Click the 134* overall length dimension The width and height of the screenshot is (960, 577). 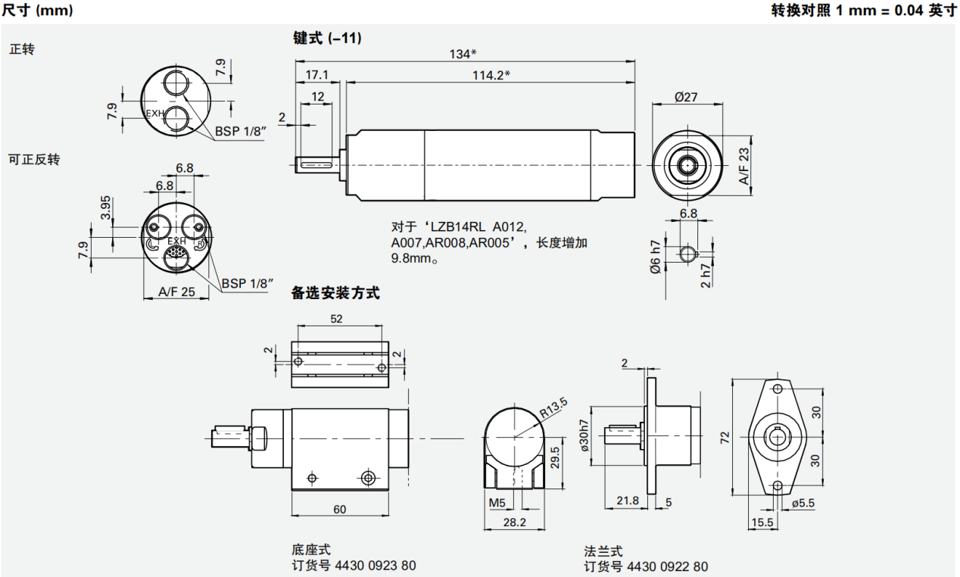click(x=463, y=54)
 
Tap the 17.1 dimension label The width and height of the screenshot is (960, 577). click(x=316, y=74)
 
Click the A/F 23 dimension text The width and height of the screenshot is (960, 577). click(x=744, y=167)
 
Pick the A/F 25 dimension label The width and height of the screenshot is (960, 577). click(x=176, y=291)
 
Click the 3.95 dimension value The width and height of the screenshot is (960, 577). click(x=106, y=207)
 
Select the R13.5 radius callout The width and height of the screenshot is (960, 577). click(x=553, y=413)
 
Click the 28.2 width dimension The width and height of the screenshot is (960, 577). click(x=515, y=522)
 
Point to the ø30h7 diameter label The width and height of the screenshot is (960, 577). click(x=584, y=436)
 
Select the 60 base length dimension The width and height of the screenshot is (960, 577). click(x=339, y=510)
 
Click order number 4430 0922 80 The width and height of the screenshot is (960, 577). click(x=667, y=566)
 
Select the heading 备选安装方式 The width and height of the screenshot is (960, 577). click(x=335, y=294)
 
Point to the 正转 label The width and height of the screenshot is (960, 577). click(x=21, y=49)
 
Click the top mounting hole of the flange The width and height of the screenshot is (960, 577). click(x=778, y=388)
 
